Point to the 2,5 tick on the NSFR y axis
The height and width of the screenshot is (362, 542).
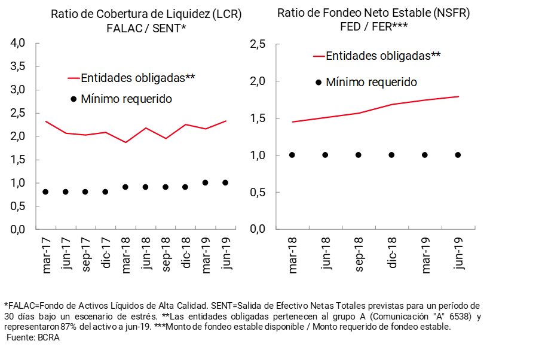pyautogui.click(x=257, y=44)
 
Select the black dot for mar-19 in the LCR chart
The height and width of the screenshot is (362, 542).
pyautogui.click(x=206, y=182)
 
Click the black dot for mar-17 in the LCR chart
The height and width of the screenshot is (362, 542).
pyautogui.click(x=45, y=192)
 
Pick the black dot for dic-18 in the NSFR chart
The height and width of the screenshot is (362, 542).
pyautogui.click(x=392, y=155)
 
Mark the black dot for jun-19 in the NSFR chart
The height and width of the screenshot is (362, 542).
pyautogui.click(x=458, y=155)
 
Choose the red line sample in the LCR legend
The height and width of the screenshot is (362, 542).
pyautogui.click(x=74, y=78)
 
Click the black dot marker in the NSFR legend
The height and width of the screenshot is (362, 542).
pyautogui.click(x=318, y=83)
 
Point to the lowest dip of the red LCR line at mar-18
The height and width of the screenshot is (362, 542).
pyautogui.click(x=125, y=142)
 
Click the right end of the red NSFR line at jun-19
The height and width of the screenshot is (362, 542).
pyautogui.click(x=458, y=96)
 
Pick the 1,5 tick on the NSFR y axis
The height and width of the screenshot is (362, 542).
pyautogui.click(x=257, y=118)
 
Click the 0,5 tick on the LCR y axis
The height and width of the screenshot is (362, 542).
pyautogui.click(x=18, y=206)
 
